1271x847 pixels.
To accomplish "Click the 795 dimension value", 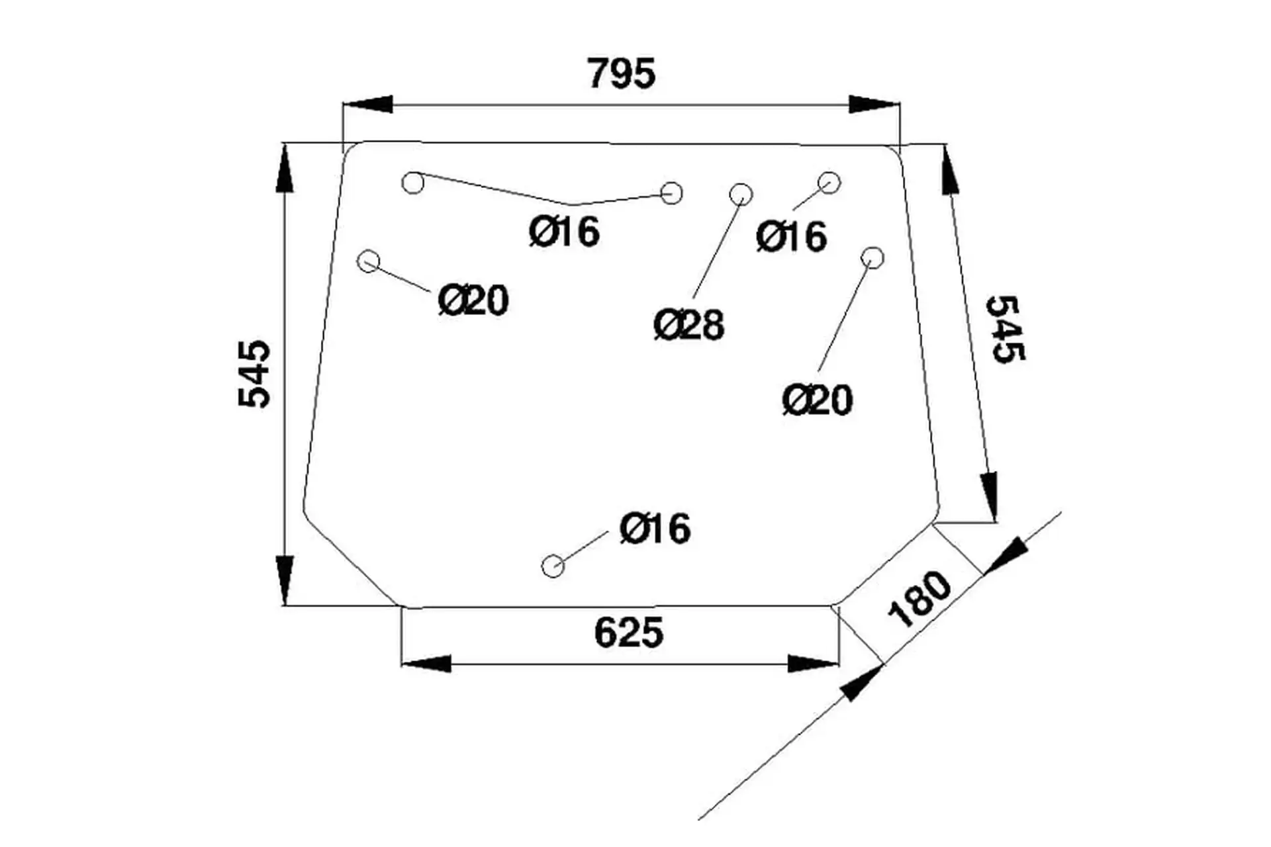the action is [x=621, y=74].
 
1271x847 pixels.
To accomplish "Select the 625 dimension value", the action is [x=628, y=633].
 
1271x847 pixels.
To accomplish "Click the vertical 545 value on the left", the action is [x=255, y=374].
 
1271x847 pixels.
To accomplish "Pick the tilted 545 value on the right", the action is [x=1005, y=329].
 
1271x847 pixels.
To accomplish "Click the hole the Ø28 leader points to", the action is [x=741, y=194].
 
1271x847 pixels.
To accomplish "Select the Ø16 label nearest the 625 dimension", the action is [x=655, y=529].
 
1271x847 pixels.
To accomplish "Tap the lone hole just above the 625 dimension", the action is [x=553, y=566].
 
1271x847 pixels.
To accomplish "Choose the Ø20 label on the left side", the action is [x=473, y=301].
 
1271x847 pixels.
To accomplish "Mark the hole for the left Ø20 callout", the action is [x=369, y=261].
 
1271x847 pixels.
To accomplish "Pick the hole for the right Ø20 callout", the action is [x=873, y=257].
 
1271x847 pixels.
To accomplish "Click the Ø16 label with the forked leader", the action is [x=565, y=232].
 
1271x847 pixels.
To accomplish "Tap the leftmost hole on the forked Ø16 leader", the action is [x=413, y=183].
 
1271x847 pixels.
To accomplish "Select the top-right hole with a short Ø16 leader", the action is [x=829, y=182].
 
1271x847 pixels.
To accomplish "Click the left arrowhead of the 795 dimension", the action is [x=367, y=105].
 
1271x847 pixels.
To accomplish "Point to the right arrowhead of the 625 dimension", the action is [x=814, y=664].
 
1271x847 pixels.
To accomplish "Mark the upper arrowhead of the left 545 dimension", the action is [x=284, y=169].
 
